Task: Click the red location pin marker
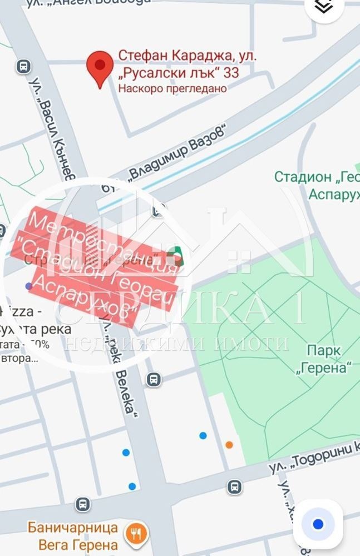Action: (x=100, y=67)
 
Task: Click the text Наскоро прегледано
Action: (x=172, y=88)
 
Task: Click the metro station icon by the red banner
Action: (x=176, y=257)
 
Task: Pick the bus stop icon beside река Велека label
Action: (x=154, y=380)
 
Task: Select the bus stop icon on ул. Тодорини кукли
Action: (x=235, y=487)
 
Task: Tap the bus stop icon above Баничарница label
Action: (x=83, y=504)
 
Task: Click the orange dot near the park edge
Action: (x=229, y=444)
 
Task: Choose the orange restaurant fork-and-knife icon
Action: (x=135, y=534)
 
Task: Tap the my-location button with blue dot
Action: (x=318, y=524)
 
